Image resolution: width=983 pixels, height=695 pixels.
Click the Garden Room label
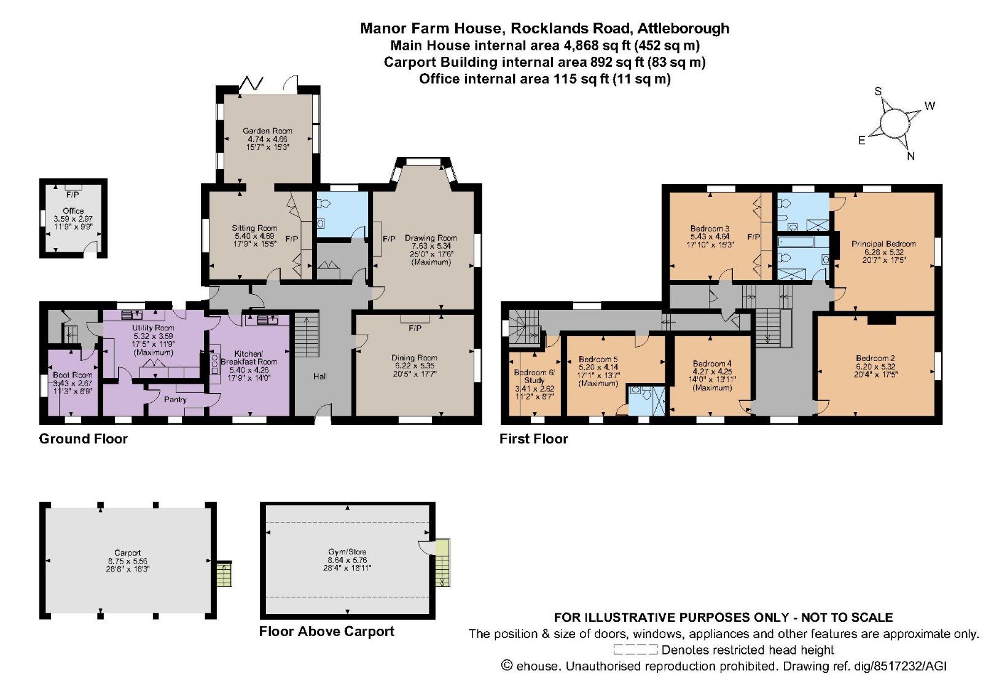(x=267, y=131)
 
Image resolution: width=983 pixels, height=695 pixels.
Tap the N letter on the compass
(x=911, y=156)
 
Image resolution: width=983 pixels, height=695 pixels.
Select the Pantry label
(x=175, y=400)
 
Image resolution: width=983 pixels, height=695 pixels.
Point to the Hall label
(x=320, y=376)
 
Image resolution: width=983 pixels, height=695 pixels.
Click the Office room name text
(x=73, y=211)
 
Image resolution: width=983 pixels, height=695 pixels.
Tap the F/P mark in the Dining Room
(x=415, y=328)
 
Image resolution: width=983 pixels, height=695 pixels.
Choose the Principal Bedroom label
(x=883, y=244)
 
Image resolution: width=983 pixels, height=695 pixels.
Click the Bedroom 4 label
(x=712, y=363)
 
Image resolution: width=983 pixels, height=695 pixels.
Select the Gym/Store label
(x=347, y=552)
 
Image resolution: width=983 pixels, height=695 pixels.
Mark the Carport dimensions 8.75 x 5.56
(x=128, y=561)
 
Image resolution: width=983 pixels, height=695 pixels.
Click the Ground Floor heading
(x=84, y=439)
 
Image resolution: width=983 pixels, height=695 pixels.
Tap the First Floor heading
(x=533, y=439)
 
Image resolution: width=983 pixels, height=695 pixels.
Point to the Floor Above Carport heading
(x=326, y=632)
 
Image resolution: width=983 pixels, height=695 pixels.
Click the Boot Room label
(x=72, y=375)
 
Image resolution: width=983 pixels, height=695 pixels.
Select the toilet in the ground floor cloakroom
(x=325, y=204)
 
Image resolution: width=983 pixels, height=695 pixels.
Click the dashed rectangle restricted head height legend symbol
(x=635, y=650)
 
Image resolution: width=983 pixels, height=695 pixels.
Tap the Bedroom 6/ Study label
(x=534, y=376)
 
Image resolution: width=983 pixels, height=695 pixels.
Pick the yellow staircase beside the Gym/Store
(x=442, y=563)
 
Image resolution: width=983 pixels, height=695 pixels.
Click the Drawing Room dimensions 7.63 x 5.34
(x=431, y=246)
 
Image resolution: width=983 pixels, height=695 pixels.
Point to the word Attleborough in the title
(x=683, y=28)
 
